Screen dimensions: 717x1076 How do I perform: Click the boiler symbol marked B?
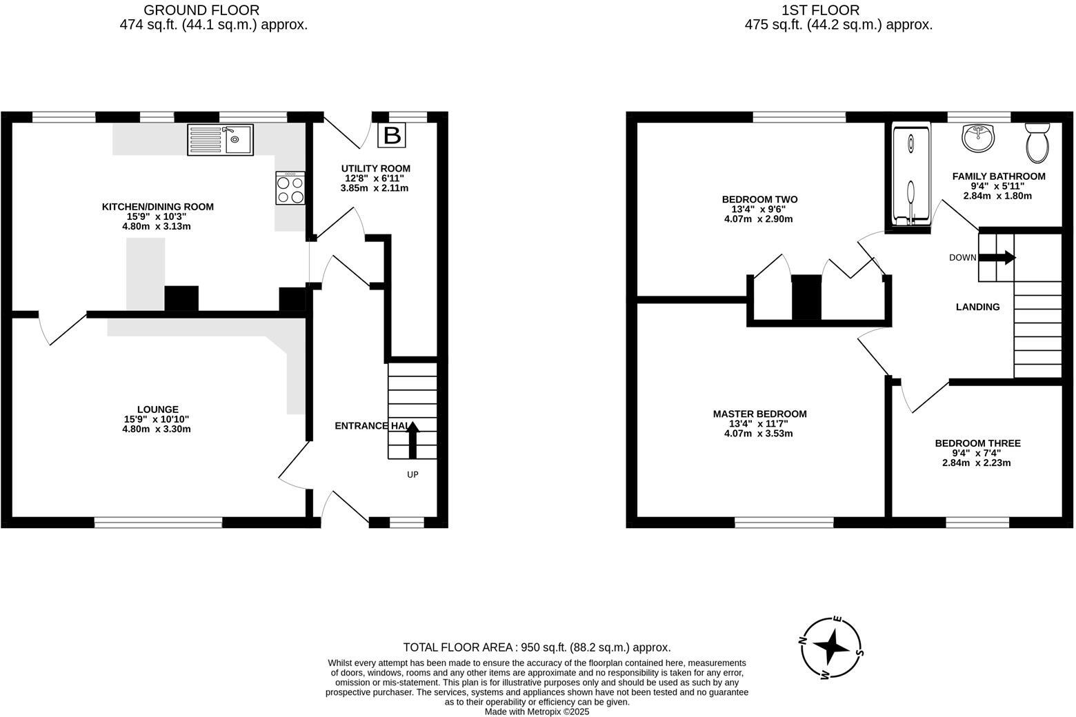click(392, 135)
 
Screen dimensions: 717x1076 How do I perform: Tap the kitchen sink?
click(220, 139)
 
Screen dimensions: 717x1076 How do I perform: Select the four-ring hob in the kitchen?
click(290, 188)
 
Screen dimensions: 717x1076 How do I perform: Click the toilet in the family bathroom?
click(1037, 143)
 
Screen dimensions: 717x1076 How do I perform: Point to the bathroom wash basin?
click(978, 138)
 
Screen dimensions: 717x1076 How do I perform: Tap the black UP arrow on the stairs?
click(412, 441)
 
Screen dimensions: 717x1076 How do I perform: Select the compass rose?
click(831, 647)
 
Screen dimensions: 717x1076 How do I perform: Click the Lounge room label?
click(157, 410)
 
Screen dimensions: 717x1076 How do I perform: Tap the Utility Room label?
click(375, 168)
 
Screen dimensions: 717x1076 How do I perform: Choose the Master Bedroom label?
click(759, 414)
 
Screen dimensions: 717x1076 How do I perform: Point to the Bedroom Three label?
click(977, 443)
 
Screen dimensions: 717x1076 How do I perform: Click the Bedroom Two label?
click(759, 200)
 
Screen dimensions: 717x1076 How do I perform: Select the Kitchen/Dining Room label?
click(158, 207)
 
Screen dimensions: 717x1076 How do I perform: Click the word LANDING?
click(977, 307)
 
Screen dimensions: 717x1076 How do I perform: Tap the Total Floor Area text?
click(537, 647)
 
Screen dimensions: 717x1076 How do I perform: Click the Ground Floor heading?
click(201, 10)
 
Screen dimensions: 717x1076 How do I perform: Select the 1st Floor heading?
click(820, 10)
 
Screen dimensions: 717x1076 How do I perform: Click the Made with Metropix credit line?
click(537, 711)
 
